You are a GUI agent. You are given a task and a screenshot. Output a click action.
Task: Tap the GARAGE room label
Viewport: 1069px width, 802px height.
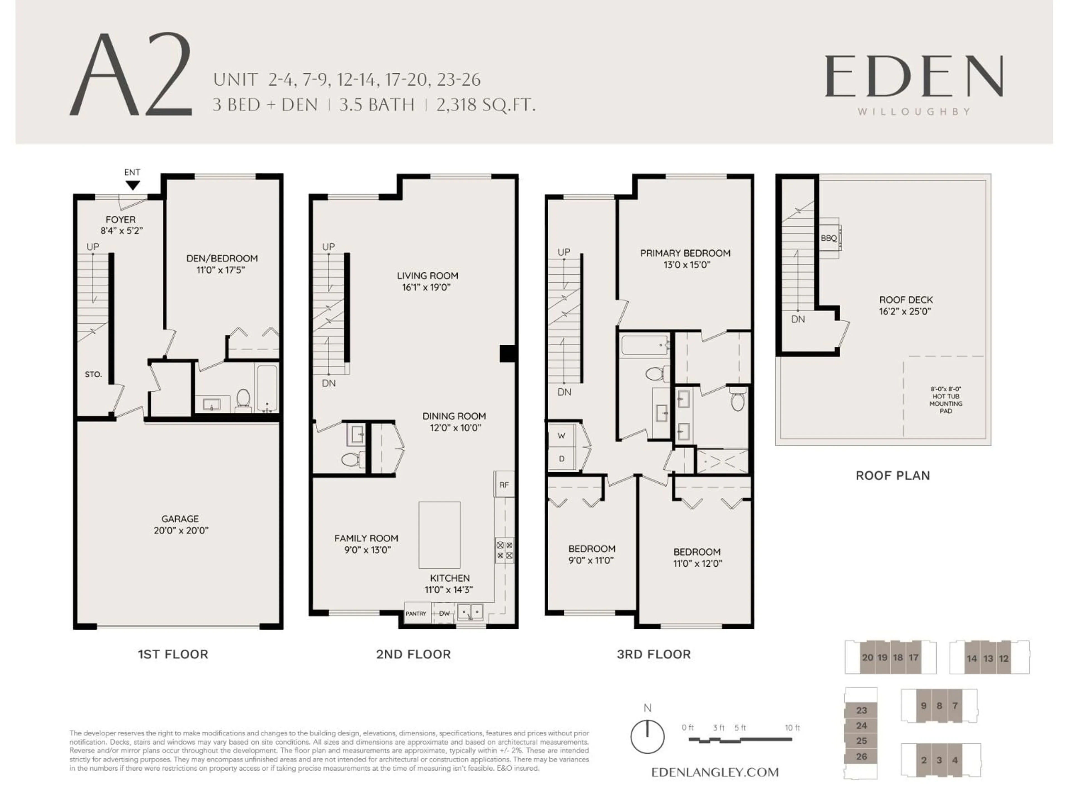coord(180,519)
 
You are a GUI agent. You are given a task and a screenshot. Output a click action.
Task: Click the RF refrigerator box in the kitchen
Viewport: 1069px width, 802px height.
coord(504,484)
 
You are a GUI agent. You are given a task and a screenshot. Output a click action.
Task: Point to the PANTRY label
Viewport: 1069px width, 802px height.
coord(416,613)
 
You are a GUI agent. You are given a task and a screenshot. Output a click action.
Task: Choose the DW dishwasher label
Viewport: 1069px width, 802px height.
coord(444,613)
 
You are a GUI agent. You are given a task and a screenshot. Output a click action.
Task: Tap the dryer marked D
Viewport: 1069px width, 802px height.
coord(562,459)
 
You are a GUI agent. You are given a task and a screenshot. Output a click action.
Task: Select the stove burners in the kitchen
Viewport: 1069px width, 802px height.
coord(504,551)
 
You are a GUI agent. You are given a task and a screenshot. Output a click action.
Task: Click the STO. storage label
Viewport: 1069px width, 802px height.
coord(93,374)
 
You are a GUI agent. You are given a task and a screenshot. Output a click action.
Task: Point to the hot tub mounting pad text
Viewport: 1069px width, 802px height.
coord(946,400)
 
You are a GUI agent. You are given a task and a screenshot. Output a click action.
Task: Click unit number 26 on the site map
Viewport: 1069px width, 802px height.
coord(862,757)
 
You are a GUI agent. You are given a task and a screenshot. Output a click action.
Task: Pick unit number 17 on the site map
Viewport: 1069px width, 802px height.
coord(913,657)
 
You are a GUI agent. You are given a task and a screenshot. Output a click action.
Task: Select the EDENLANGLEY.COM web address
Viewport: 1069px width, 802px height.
coord(715,772)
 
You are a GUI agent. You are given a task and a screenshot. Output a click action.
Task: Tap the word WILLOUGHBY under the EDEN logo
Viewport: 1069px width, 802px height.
coord(914,112)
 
